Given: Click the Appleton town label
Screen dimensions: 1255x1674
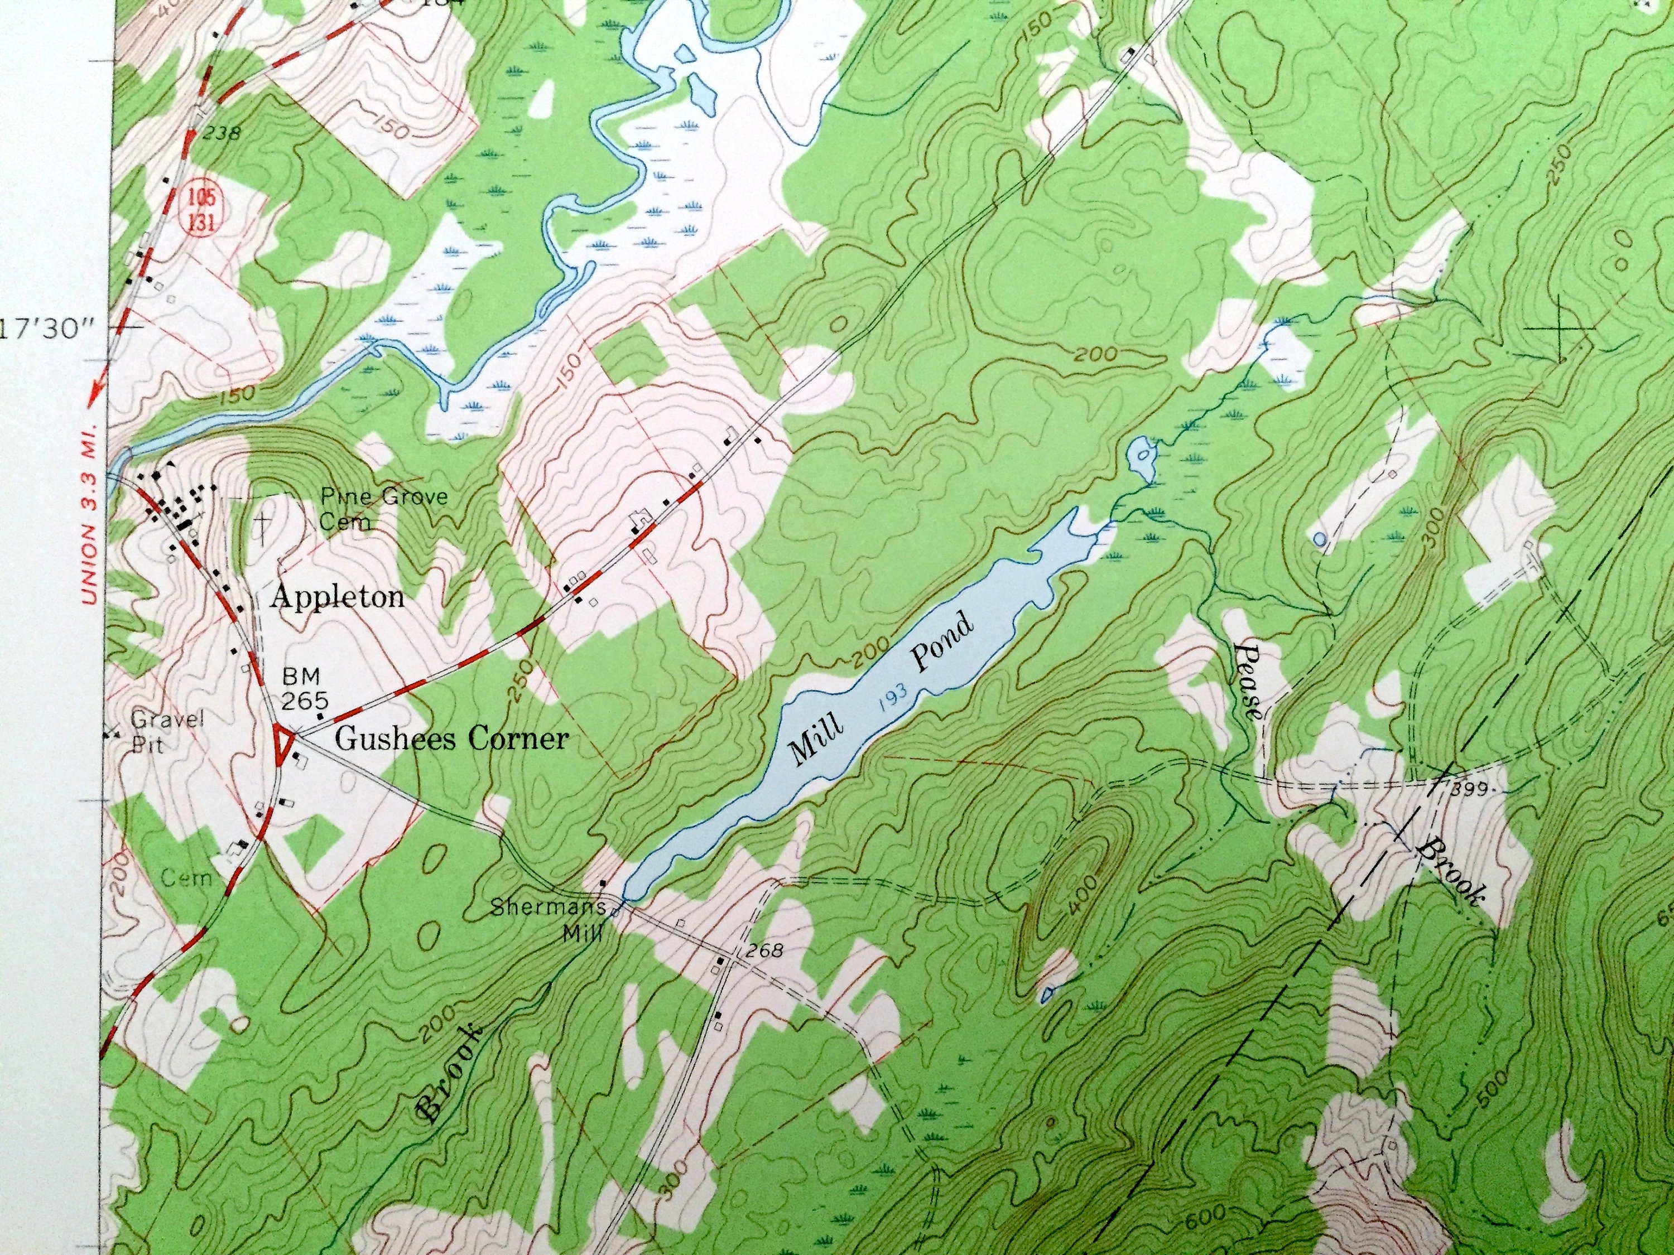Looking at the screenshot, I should pyautogui.click(x=338, y=597).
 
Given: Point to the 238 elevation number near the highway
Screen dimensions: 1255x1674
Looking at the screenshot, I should pyautogui.click(x=222, y=134).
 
